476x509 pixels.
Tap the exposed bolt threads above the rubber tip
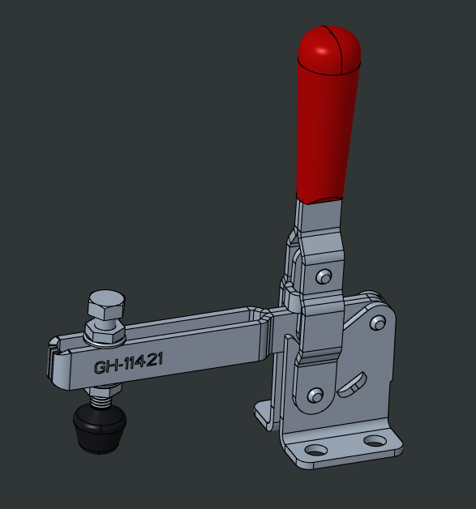[101, 397]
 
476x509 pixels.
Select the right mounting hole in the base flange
[374, 441]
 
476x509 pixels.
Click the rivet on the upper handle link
[324, 276]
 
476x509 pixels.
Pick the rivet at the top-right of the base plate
[376, 323]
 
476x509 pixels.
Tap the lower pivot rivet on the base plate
[315, 396]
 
